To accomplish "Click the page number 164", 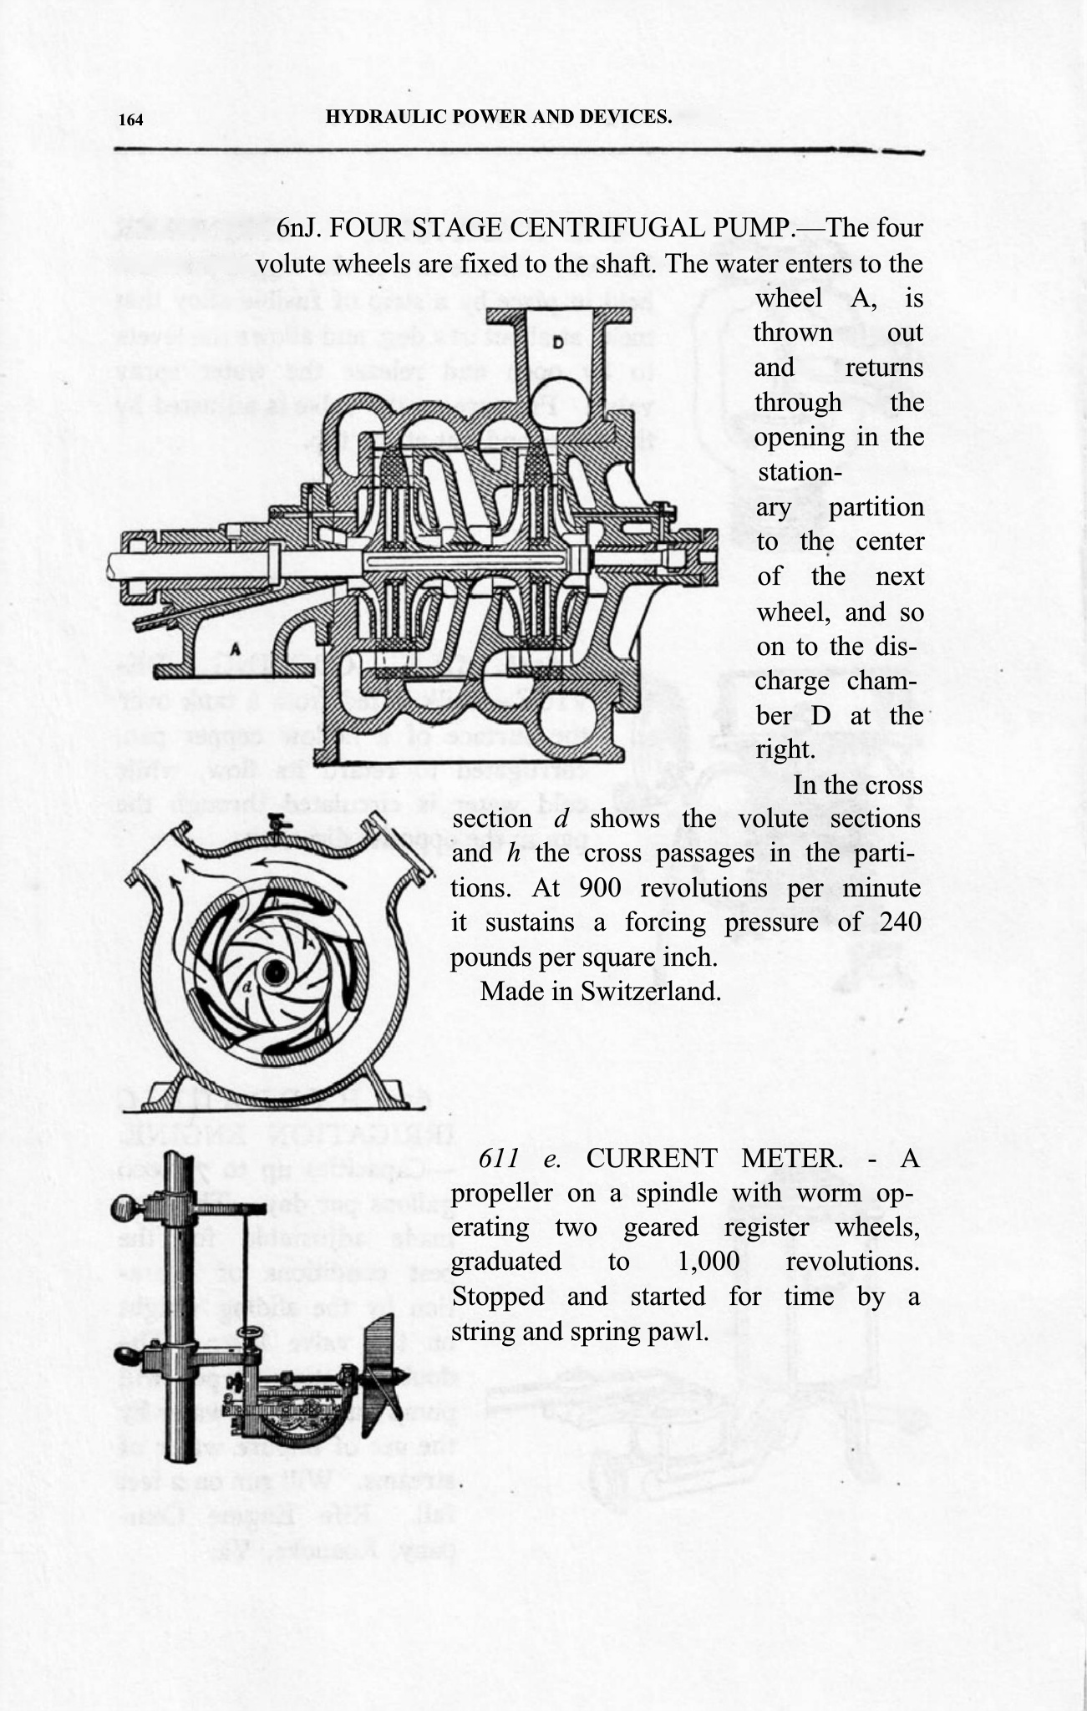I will click(130, 119).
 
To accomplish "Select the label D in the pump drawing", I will click(554, 342).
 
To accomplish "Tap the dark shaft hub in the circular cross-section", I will click(273, 971).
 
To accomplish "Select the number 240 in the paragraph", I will click(899, 922).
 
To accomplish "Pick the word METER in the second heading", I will click(791, 1159).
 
